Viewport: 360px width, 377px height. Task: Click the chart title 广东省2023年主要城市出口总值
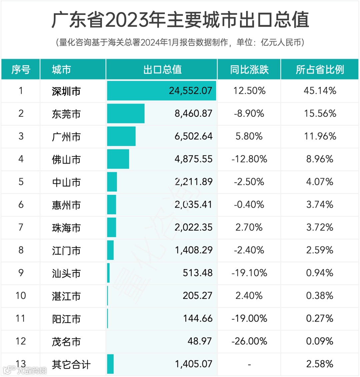tap(180, 20)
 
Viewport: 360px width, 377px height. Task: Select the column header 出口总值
tap(162, 69)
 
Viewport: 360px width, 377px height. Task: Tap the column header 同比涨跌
tap(249, 69)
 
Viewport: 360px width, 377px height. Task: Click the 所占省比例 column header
tap(320, 69)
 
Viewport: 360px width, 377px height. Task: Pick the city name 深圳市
tap(66, 91)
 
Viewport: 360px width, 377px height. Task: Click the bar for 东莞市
tap(126, 113)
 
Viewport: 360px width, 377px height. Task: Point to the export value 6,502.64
tap(193, 136)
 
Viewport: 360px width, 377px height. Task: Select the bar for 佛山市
tap(118, 159)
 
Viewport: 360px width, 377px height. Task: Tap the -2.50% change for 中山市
tap(249, 182)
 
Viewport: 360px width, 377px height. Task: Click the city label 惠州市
tap(66, 205)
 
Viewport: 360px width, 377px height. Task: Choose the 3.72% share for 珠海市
tap(320, 228)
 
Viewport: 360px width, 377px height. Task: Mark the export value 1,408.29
tap(194, 250)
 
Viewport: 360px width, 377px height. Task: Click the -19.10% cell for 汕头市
tap(249, 273)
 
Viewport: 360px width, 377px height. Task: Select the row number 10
tap(21, 296)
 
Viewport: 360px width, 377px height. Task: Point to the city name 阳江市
tap(66, 319)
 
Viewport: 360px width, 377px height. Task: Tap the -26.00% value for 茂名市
tap(249, 341)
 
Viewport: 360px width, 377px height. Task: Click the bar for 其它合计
tap(110, 364)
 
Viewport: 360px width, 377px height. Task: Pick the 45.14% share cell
tap(320, 91)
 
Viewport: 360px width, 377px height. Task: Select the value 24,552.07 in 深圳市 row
tap(190, 91)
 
